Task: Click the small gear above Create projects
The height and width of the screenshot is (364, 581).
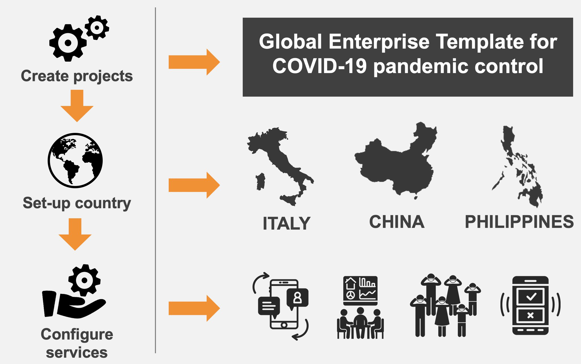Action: tap(97, 28)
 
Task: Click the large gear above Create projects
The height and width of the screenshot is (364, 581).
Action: tap(68, 43)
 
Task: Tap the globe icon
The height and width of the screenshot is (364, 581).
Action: tap(75, 160)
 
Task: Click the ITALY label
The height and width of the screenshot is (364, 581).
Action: tap(286, 223)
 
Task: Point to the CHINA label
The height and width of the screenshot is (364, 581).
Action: tap(397, 222)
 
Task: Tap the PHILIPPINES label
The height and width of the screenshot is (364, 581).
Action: tap(519, 222)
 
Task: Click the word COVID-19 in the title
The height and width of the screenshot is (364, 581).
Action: tap(320, 66)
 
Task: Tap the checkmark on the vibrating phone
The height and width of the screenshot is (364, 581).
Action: tap(531, 297)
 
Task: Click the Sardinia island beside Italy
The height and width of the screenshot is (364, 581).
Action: tap(260, 182)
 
